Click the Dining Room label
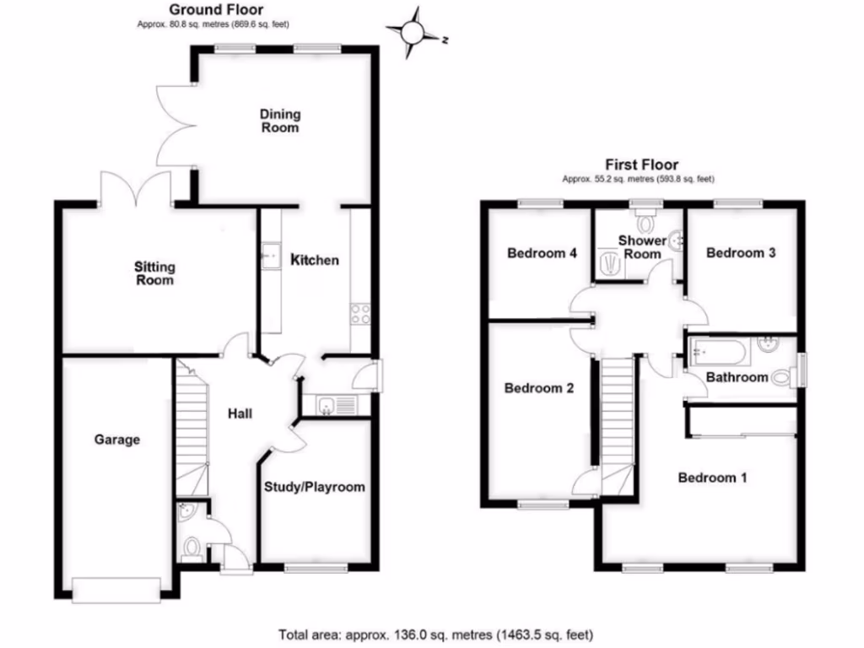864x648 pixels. click(x=279, y=121)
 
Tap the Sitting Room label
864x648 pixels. click(x=154, y=273)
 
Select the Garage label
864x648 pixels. click(x=116, y=440)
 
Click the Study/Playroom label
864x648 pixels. click(x=315, y=487)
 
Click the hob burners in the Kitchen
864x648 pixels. click(x=361, y=314)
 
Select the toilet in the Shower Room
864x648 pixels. click(x=646, y=224)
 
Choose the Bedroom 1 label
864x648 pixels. click(x=713, y=478)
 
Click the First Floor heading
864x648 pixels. click(x=641, y=165)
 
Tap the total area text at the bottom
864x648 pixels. click(x=436, y=634)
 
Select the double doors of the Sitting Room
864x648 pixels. click(x=135, y=187)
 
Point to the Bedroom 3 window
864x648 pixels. click(x=738, y=202)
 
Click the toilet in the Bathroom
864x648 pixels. click(x=783, y=378)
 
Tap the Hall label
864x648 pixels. click(x=240, y=413)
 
